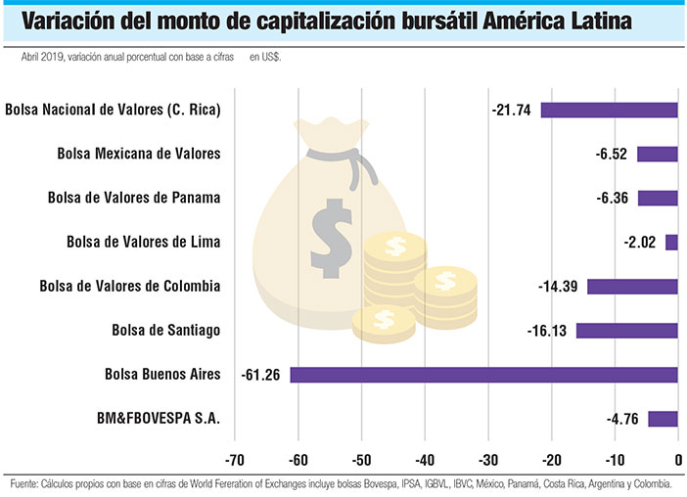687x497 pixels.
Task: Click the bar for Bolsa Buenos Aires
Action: pyautogui.click(x=483, y=375)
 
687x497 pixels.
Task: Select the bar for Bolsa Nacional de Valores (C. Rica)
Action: pyautogui.click(x=609, y=110)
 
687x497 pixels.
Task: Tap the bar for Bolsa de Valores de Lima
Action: pyautogui.click(x=671, y=242)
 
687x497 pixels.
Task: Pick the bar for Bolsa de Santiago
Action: pyautogui.click(x=626, y=331)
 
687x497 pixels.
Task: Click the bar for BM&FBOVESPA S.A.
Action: pyautogui.click(x=663, y=419)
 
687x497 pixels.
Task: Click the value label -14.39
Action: pyautogui.click(x=560, y=287)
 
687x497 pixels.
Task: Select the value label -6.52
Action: pyautogui.click(x=613, y=154)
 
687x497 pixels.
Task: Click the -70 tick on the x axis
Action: pyautogui.click(x=235, y=461)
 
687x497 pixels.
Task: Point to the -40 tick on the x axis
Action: pyautogui.click(x=425, y=461)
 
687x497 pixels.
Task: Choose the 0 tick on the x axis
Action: pyautogui.click(x=678, y=461)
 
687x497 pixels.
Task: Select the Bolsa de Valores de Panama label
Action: pyautogui.click(x=133, y=198)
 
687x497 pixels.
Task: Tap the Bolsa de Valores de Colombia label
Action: pyautogui.click(x=129, y=287)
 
